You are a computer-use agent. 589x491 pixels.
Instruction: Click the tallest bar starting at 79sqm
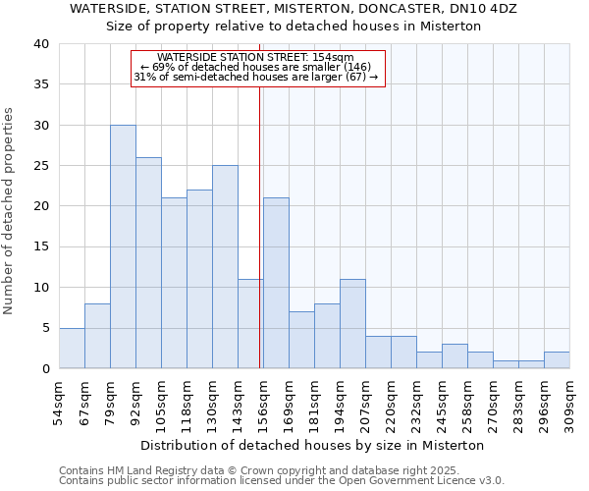click(123, 246)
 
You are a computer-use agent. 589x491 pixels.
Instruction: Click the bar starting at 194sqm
click(352, 324)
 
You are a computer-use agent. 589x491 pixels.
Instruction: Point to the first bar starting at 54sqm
click(72, 348)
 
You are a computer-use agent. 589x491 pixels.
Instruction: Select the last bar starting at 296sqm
click(557, 359)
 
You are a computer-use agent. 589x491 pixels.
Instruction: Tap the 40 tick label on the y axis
click(40, 44)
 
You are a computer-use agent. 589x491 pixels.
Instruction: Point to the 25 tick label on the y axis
click(40, 166)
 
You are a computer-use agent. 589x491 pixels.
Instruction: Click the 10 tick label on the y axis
click(40, 288)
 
